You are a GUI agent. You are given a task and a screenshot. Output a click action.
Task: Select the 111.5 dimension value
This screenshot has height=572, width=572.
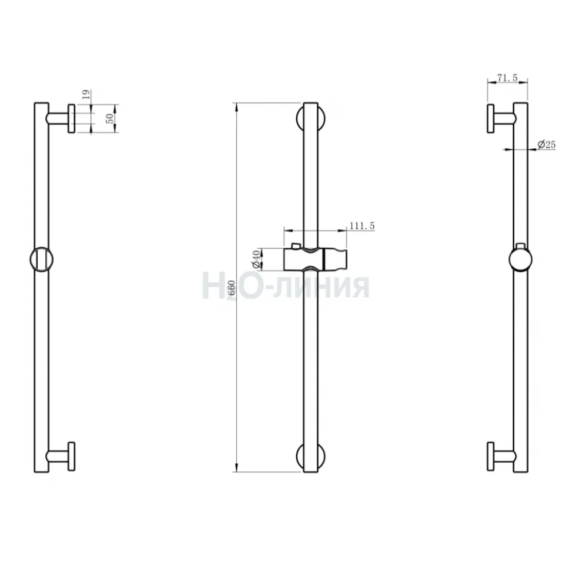pos(362,226)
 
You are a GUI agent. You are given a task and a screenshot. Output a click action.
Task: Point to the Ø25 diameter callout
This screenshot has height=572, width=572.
pos(546,145)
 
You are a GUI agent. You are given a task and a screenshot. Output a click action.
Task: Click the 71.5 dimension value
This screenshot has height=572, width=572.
pos(507,78)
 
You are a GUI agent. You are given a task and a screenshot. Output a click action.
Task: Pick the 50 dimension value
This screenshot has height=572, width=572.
pos(109,118)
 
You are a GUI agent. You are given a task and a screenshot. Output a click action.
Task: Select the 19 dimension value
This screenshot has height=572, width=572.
pos(86,95)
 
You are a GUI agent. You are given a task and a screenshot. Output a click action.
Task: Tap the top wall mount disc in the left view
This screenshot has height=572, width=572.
pos(71,118)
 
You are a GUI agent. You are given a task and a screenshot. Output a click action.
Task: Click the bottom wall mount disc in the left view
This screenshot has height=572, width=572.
pos(71,456)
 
